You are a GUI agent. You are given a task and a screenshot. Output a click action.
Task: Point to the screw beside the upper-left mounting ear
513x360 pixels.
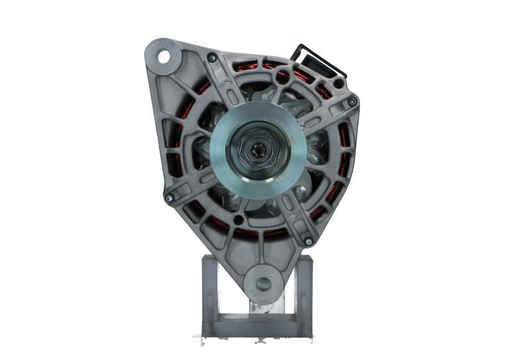[211, 59]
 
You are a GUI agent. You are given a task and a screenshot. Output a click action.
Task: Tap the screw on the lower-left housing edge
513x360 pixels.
[168, 198]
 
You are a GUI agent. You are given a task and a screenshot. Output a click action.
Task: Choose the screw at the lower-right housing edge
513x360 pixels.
[308, 241]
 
